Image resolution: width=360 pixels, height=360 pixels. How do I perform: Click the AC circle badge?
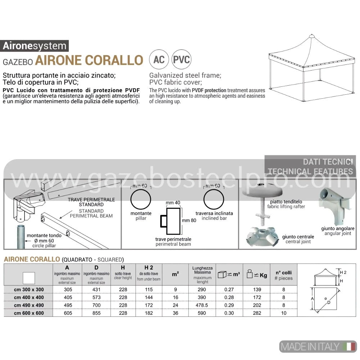click(159, 59)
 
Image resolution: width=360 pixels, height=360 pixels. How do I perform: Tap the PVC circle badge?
click(181, 59)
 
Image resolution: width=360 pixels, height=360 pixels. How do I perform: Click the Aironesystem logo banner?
click(35, 46)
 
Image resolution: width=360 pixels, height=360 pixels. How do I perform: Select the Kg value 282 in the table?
click(257, 313)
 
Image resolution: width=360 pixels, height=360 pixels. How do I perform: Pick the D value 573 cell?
click(96, 297)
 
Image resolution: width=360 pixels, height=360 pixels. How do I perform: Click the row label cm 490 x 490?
click(29, 305)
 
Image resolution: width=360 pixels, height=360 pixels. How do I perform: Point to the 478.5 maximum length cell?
click(202, 305)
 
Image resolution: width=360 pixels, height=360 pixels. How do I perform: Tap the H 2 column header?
click(149, 268)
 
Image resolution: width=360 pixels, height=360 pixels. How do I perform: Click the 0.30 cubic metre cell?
click(229, 313)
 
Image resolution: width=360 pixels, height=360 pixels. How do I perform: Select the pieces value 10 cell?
click(284, 313)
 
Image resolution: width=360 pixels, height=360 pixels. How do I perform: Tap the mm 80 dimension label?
click(189, 220)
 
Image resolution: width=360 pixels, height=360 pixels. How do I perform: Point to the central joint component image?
click(261, 237)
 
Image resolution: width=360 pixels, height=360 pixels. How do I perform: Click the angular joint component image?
click(335, 206)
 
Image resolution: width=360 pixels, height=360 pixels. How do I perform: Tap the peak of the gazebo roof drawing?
click(311, 35)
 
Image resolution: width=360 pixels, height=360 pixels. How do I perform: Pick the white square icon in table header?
click(29, 278)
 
